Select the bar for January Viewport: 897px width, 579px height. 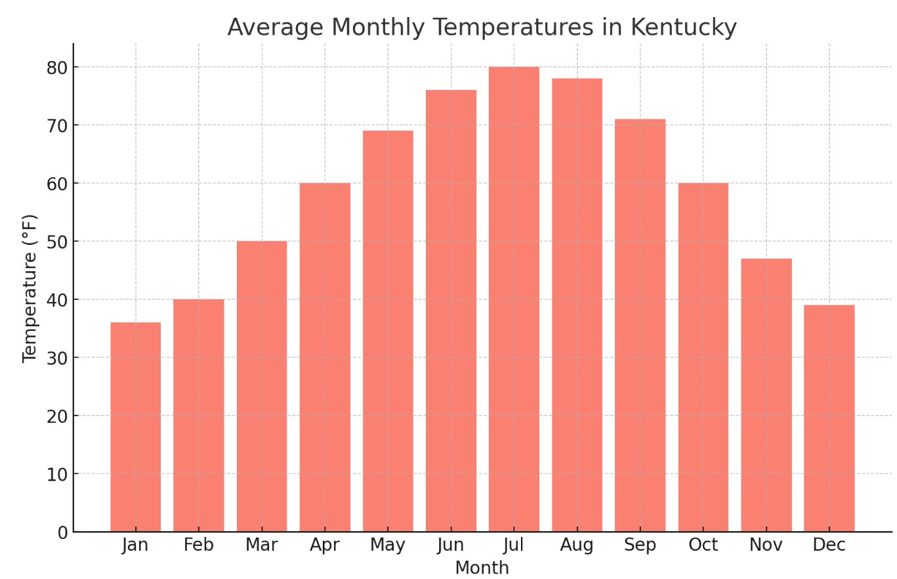[x=135, y=427]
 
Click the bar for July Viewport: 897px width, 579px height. [x=514, y=299]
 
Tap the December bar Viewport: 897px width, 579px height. [x=829, y=418]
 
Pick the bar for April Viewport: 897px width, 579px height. [x=325, y=357]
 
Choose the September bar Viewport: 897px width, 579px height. [x=640, y=325]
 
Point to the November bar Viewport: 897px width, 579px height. [x=766, y=395]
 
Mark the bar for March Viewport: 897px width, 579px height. [x=262, y=386]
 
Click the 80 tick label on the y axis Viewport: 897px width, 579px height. [x=57, y=68]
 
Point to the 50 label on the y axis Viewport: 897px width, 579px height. [x=57, y=242]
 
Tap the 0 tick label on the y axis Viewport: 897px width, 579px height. [x=62, y=532]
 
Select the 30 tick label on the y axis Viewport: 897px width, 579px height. [x=57, y=358]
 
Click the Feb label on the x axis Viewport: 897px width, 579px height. [x=199, y=546]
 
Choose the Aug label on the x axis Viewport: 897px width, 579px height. [x=577, y=546]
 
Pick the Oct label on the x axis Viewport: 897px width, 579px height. [x=703, y=546]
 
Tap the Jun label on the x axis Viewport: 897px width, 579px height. [x=451, y=546]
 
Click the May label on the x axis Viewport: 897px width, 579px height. [x=388, y=546]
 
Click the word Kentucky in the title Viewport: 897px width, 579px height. [x=683, y=28]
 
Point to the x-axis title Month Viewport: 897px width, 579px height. [x=482, y=568]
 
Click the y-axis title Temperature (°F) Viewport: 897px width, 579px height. [x=30, y=288]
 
